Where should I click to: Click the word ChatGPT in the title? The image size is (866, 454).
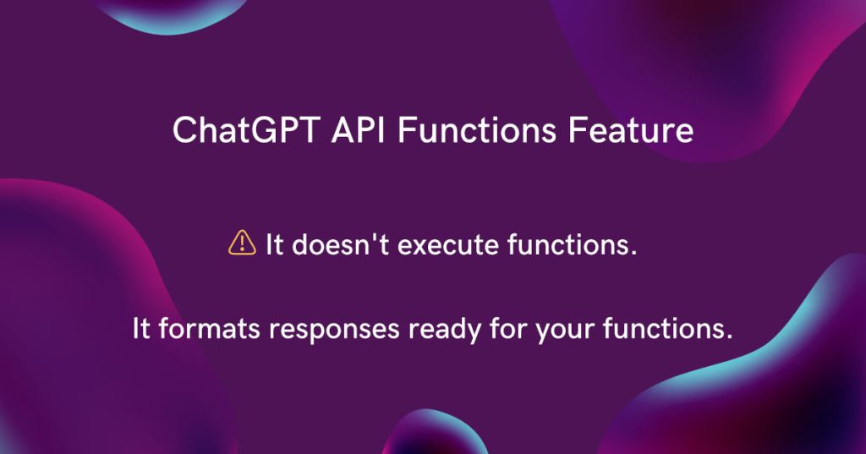246,130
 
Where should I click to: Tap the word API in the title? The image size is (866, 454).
358,130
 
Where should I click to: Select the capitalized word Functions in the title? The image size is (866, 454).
477,130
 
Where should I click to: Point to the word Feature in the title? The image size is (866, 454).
631,130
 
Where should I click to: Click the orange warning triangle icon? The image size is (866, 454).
242,243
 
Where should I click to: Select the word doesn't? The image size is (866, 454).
340,244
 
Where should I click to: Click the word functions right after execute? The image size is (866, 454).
572,244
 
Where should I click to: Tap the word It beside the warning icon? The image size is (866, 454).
275,244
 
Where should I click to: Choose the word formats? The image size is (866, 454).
209,328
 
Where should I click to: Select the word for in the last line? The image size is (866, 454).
508,328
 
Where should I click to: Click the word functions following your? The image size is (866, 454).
667,328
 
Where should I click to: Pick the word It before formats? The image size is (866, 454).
141,328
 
